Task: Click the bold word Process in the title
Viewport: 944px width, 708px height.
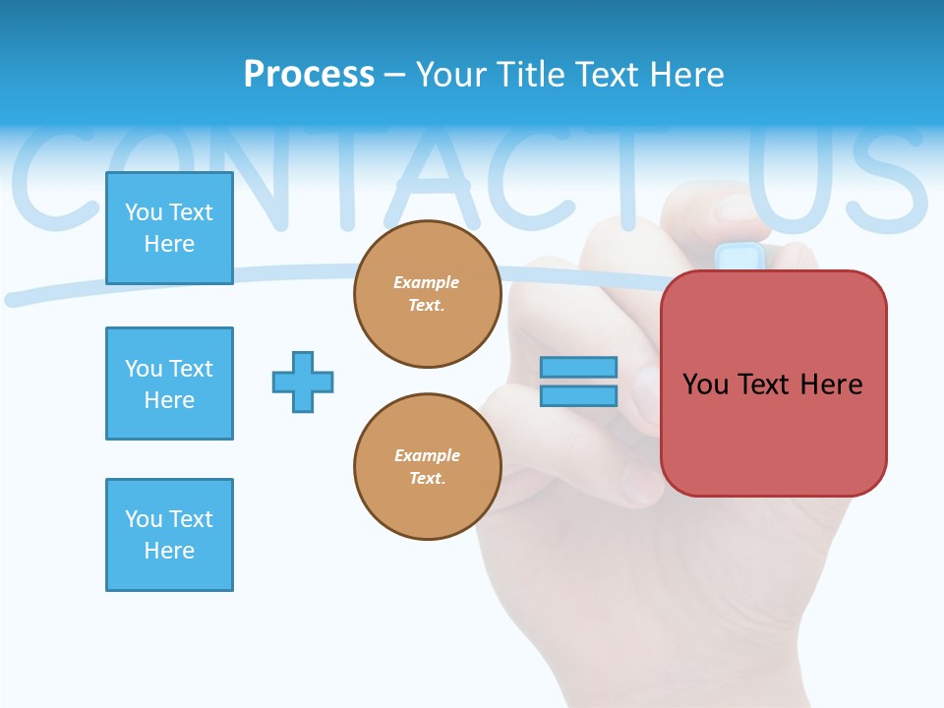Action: [309, 74]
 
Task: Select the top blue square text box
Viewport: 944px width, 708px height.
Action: [169, 228]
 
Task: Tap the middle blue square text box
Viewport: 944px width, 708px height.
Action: [169, 383]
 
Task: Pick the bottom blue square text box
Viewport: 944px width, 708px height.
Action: [169, 535]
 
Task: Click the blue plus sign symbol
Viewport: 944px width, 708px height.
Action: [303, 382]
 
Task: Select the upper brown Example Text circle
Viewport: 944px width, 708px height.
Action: [428, 294]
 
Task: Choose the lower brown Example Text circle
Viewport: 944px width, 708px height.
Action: [428, 467]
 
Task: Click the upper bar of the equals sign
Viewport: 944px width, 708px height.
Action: [578, 367]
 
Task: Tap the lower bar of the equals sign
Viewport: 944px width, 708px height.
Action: [578, 395]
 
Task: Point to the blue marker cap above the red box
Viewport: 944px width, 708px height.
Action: [740, 257]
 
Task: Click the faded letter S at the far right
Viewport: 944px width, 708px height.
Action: [884, 177]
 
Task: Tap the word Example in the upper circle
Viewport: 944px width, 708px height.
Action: [426, 282]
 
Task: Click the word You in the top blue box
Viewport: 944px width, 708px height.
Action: [144, 212]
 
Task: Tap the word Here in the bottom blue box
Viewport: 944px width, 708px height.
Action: [169, 551]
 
